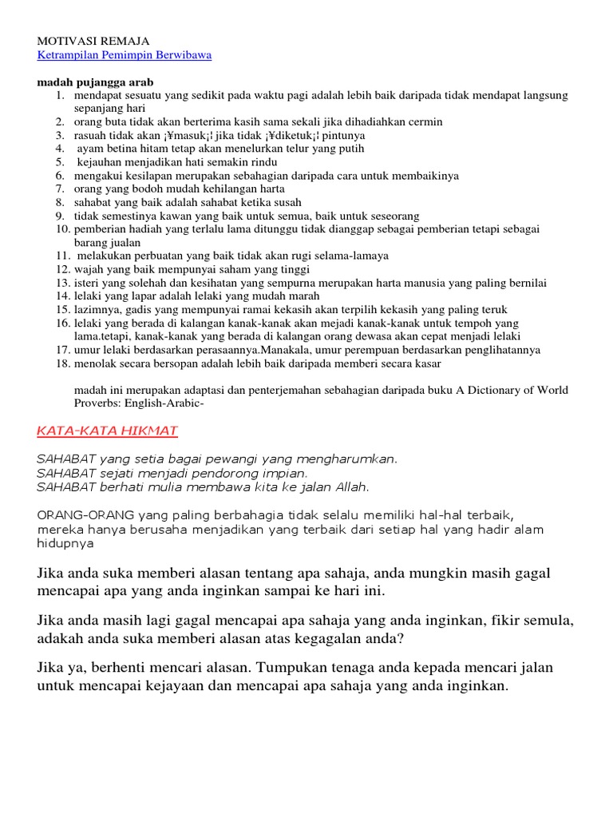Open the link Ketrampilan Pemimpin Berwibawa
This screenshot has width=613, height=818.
coord(125,55)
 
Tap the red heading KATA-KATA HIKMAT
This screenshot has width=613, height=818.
coord(108,431)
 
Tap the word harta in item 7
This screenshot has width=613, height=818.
coord(268,189)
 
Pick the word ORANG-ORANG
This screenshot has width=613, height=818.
coord(85,514)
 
